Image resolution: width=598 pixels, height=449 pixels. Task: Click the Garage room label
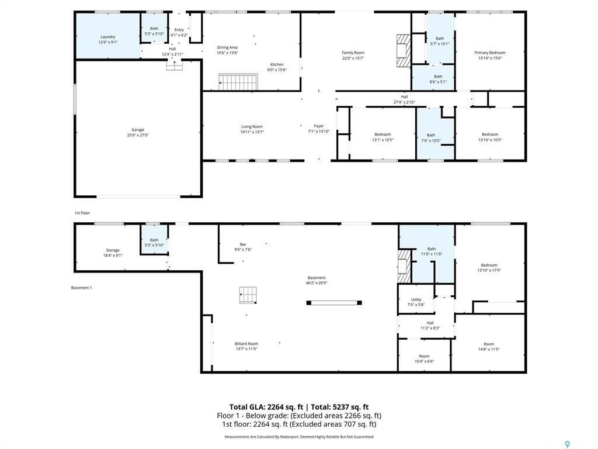coord(137,130)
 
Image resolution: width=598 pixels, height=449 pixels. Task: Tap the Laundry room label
coord(107,37)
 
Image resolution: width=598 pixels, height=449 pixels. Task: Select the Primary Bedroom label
coord(489,53)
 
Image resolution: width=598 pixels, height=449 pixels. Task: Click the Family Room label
coord(353,53)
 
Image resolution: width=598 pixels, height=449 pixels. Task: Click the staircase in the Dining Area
coord(238,82)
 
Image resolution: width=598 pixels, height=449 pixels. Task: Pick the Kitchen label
coord(276,64)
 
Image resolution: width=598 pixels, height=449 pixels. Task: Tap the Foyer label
coord(319,126)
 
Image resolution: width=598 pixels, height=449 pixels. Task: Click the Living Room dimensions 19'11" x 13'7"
coord(252,132)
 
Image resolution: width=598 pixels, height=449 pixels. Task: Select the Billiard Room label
coord(246,344)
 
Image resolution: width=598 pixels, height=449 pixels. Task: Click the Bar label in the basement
coord(243,244)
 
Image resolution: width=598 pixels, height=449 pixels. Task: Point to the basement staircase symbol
coord(248,295)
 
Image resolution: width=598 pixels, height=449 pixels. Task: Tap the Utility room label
coord(416,299)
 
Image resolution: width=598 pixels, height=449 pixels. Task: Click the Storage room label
coord(113,250)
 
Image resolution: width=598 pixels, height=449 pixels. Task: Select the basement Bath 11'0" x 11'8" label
coord(432,248)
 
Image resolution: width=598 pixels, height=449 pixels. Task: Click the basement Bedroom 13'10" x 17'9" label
coord(489,265)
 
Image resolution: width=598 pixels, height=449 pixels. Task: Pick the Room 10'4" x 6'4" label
coord(424,356)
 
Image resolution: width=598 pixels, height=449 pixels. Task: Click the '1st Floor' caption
coord(82,213)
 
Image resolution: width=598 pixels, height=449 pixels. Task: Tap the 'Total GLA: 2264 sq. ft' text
coord(266,407)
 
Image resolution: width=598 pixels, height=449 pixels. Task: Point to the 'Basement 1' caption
coord(81,288)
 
